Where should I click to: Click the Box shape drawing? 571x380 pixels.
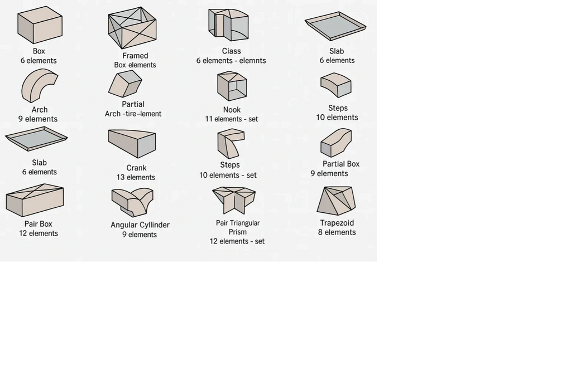pyautogui.click(x=40, y=25)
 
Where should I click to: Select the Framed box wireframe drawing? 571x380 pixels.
pyautogui.click(x=132, y=28)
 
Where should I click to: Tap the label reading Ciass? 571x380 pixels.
pyautogui.click(x=231, y=51)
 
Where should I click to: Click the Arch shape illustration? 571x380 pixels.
pyautogui.click(x=39, y=86)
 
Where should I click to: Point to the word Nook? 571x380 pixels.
pyautogui.click(x=232, y=110)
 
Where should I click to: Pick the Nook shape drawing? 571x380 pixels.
pyautogui.click(x=232, y=86)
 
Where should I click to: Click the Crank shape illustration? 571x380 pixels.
pyautogui.click(x=132, y=143)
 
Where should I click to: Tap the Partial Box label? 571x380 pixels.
pyautogui.click(x=341, y=164)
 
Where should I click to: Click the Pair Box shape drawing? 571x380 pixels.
pyautogui.click(x=35, y=200)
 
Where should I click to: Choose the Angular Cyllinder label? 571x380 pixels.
pyautogui.click(x=140, y=225)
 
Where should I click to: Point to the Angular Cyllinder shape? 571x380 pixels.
pyautogui.click(x=132, y=202)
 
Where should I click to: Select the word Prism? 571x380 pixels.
pyautogui.click(x=238, y=232)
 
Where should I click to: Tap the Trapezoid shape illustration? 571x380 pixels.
pyautogui.click(x=337, y=201)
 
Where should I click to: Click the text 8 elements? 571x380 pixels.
pyautogui.click(x=337, y=232)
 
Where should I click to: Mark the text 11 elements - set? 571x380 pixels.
pyautogui.click(x=231, y=119)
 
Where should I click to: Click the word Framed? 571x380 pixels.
pyautogui.click(x=135, y=56)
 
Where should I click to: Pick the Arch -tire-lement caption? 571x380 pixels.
pyautogui.click(x=133, y=114)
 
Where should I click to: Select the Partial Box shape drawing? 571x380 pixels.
pyautogui.click(x=336, y=143)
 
